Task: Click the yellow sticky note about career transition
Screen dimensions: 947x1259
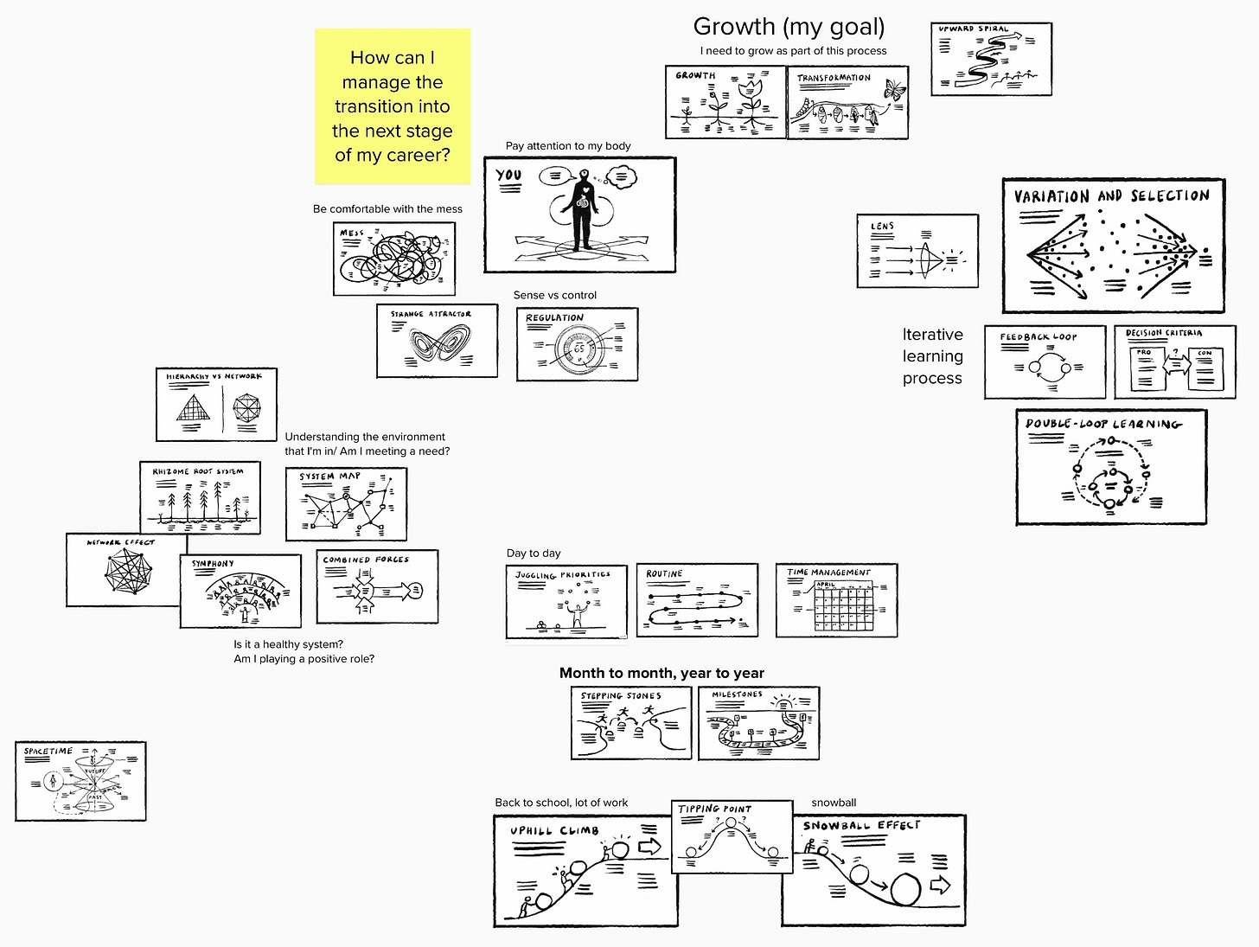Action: tap(392, 106)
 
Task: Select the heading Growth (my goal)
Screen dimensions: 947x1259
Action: tap(789, 27)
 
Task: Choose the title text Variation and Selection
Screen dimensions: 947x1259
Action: tap(1111, 196)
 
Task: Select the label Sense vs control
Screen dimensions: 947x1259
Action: tap(554, 295)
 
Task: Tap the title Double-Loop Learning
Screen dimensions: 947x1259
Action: tap(1102, 424)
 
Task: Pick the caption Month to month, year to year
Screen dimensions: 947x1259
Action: tap(661, 673)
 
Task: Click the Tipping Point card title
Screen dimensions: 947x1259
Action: tap(714, 809)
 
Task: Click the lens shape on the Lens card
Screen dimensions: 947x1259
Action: tap(923, 257)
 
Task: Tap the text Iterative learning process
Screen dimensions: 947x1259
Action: tap(932, 356)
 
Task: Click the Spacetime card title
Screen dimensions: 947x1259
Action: tap(48, 751)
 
